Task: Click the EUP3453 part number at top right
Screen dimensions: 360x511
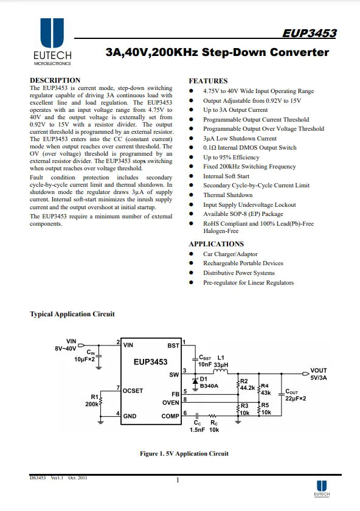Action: [309, 33]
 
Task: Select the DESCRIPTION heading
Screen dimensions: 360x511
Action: [55, 80]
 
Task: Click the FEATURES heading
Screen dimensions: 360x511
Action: [208, 81]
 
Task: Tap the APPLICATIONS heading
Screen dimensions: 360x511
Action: [216, 244]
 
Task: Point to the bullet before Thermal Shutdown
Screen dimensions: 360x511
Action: [191, 195]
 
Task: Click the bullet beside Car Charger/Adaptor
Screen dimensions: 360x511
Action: [191, 254]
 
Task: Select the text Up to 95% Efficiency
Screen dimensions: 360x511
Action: [231, 157]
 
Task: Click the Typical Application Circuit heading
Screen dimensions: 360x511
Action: [72, 314]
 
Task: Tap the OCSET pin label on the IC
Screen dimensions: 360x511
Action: [133, 391]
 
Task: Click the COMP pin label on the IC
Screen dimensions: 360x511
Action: [170, 416]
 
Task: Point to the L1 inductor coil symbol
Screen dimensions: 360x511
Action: [221, 372]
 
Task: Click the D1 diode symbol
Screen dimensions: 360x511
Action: [195, 381]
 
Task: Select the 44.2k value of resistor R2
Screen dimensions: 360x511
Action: [247, 388]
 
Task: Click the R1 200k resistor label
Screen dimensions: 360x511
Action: [92, 400]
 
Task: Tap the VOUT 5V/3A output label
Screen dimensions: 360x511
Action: [319, 374]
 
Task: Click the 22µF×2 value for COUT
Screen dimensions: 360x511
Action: [296, 398]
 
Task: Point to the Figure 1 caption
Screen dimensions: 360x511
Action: [184, 454]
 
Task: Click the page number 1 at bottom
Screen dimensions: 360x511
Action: [178, 480]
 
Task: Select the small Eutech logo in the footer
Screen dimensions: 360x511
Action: [322, 488]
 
